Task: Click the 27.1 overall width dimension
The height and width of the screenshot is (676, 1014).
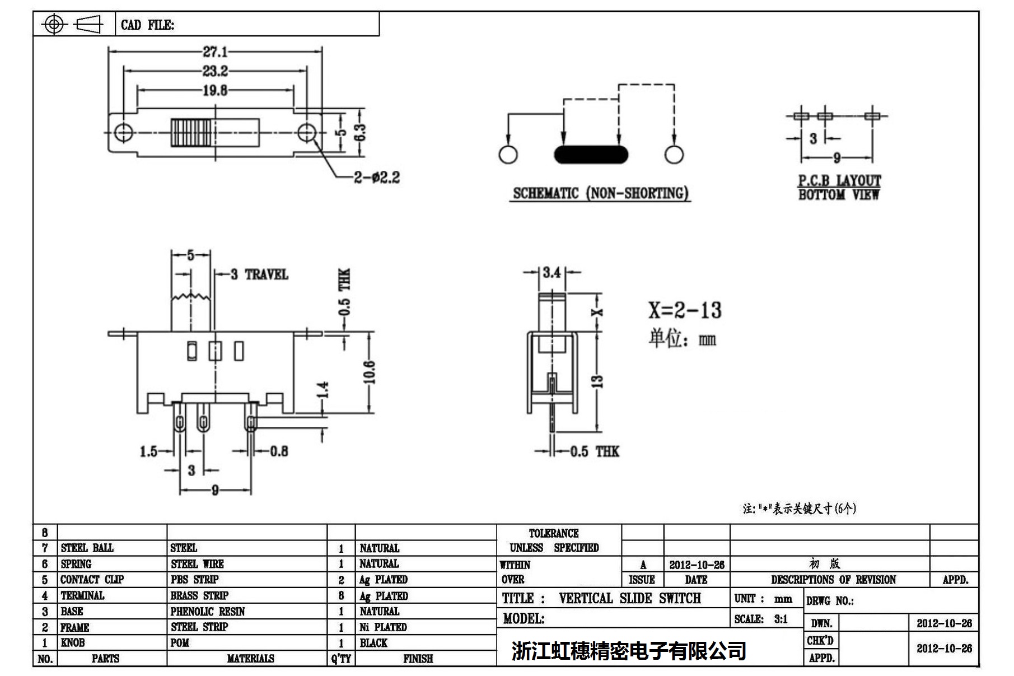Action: (215, 52)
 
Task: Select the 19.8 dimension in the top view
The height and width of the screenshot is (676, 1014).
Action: (215, 90)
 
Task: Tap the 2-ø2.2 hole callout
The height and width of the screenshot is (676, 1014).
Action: (377, 178)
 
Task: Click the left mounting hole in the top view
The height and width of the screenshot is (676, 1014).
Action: (123, 133)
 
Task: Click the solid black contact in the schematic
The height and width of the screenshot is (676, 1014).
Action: (591, 155)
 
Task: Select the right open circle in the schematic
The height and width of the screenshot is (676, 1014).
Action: (674, 155)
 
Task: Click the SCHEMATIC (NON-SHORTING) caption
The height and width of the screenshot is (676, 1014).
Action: (601, 193)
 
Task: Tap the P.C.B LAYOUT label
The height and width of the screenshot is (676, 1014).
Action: (839, 181)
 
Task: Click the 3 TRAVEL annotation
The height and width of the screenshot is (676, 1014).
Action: (259, 274)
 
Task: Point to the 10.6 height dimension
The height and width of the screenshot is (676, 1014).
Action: (370, 372)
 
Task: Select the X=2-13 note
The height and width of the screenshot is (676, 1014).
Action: (685, 310)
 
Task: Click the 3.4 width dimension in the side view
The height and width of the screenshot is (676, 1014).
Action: (552, 273)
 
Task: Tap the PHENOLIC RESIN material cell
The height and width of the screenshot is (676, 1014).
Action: (208, 612)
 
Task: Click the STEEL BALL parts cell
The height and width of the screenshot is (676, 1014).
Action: (87, 548)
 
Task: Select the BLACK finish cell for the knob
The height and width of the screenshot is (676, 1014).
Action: (373, 643)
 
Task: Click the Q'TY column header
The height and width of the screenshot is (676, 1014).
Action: (341, 659)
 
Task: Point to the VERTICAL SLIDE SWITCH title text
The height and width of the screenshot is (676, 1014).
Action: (629, 599)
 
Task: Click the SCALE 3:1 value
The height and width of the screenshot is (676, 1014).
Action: (781, 619)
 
